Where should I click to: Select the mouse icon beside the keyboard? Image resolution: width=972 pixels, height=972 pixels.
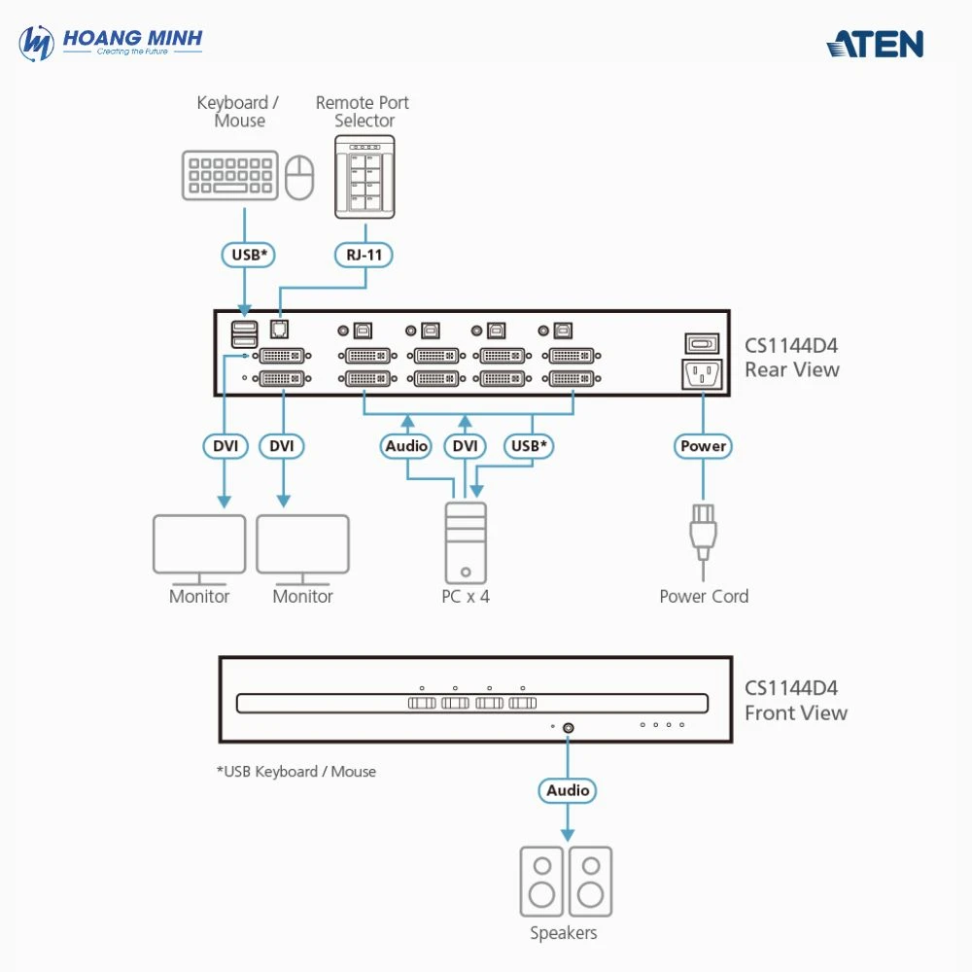coord(300,176)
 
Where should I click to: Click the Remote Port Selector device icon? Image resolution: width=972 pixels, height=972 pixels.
coord(364,176)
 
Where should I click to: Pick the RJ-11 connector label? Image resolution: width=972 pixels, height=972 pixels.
coord(364,256)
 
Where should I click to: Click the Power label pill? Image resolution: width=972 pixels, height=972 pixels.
coord(703,446)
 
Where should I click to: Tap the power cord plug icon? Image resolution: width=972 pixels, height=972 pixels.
coord(703,531)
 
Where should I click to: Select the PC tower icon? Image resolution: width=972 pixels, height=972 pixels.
coord(466,542)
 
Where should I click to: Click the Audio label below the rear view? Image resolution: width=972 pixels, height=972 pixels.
coord(406,446)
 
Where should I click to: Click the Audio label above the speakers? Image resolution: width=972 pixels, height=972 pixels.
coord(568,790)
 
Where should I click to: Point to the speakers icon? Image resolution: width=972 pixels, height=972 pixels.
coord(566,881)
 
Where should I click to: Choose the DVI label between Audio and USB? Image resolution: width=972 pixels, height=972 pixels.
coord(466,446)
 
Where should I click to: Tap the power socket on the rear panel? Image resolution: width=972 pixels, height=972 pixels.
coord(703,373)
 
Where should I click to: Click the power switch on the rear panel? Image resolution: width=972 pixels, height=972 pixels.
coord(703,342)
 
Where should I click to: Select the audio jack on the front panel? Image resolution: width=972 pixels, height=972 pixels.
coord(568,727)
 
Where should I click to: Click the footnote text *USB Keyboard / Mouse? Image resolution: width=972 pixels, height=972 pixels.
coord(296,772)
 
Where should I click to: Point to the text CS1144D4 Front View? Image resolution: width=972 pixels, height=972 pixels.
coord(795,700)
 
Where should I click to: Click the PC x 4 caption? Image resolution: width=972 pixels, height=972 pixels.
coord(466,597)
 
